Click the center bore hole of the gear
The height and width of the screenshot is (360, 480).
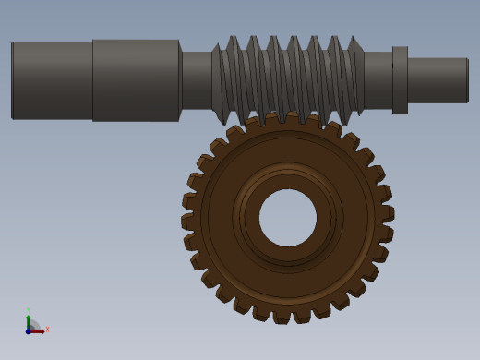[x=287, y=218]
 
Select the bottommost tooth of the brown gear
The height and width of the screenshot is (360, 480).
[x=282, y=315]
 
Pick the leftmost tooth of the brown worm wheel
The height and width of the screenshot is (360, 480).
[x=188, y=222]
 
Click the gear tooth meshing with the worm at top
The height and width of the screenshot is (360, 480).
[x=294, y=119]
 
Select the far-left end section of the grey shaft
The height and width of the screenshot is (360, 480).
[x=52, y=79]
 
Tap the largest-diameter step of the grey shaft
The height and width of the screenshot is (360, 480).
[x=136, y=79]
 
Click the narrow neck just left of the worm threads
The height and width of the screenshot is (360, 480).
[x=196, y=79]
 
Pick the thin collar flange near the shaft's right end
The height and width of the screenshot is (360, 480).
[x=400, y=79]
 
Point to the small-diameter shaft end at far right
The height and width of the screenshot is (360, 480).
[x=438, y=79]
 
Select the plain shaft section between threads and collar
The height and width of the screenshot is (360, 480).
[x=377, y=79]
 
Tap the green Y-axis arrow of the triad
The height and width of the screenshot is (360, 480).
[x=29, y=320]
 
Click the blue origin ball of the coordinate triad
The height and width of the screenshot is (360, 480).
[x=29, y=330]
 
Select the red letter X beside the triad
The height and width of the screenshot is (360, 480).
[x=47, y=329]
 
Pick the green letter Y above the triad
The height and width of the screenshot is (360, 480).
[x=28, y=310]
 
